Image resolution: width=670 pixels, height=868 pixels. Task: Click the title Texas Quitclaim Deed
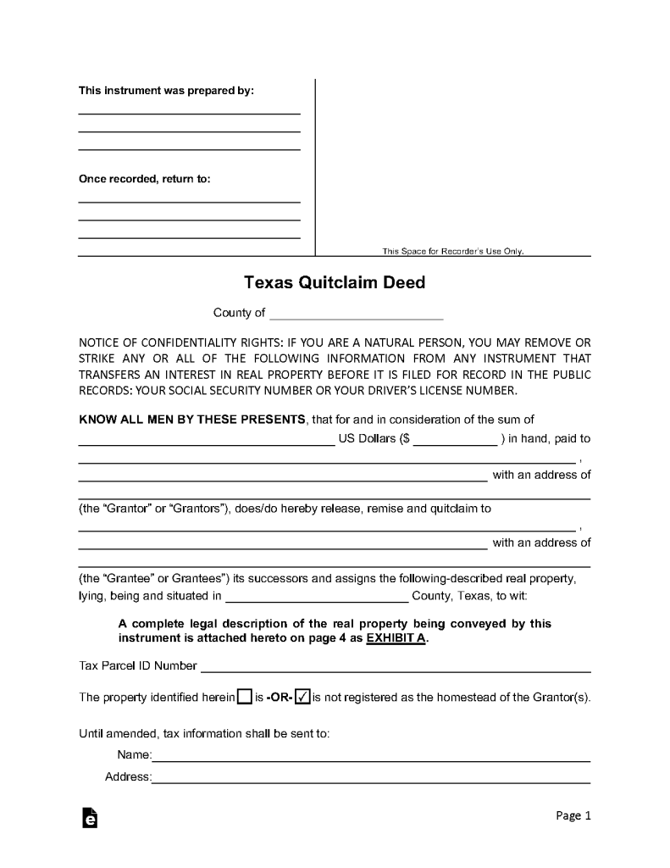tap(335, 282)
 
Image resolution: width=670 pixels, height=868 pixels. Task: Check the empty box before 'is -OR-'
tap(244, 698)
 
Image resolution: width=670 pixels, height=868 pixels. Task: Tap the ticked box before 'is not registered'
tap(302, 698)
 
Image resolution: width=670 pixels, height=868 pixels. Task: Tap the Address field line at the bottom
tap(371, 779)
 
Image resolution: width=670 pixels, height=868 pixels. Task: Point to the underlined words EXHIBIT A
tap(396, 639)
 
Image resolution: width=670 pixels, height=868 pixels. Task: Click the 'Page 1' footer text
tap(573, 815)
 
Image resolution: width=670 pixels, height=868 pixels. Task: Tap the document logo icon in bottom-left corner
tap(89, 817)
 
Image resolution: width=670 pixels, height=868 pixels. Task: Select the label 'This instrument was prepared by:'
tap(166, 91)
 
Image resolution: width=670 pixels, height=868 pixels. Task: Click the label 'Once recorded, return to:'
tap(145, 180)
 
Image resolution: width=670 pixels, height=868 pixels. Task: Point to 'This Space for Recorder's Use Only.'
tap(453, 251)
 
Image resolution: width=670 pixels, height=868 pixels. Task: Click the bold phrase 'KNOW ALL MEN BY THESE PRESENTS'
tap(192, 420)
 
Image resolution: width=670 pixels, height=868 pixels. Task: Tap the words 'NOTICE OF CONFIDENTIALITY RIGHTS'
tap(175, 342)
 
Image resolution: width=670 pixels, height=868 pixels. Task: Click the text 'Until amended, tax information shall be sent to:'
tap(204, 732)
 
